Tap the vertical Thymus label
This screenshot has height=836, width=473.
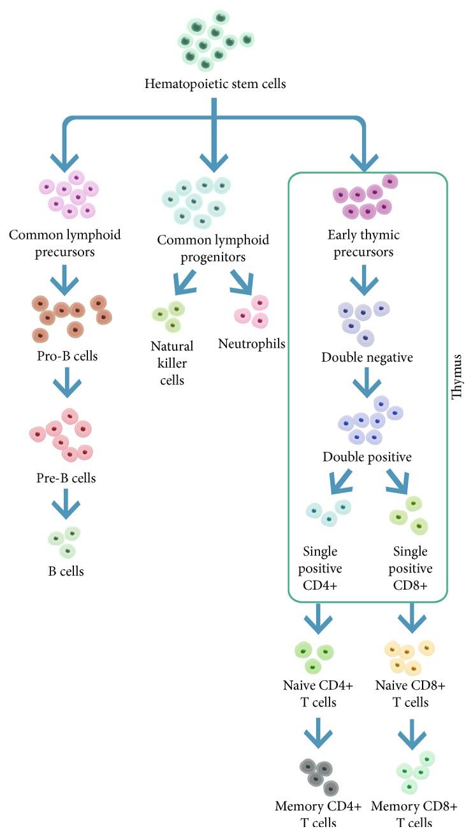[456, 377]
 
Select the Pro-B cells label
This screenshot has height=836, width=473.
[67, 356]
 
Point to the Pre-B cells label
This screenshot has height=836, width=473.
[66, 477]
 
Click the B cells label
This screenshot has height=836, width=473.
[66, 571]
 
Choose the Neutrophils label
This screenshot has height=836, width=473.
[251, 344]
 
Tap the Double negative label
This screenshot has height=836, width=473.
[367, 357]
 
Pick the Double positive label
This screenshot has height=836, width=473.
[367, 457]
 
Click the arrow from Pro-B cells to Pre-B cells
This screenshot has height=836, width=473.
[67, 385]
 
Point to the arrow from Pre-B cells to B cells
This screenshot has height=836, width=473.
[67, 505]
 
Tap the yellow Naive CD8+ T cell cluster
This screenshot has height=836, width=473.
[408, 657]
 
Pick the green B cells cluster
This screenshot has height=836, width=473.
[64, 541]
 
